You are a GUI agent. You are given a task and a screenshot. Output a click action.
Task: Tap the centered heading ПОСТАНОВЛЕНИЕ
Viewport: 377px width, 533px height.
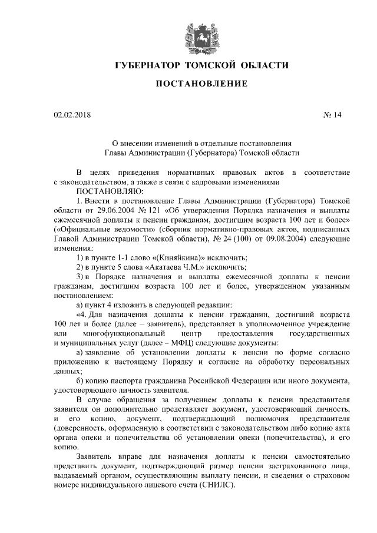[x=200, y=84]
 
